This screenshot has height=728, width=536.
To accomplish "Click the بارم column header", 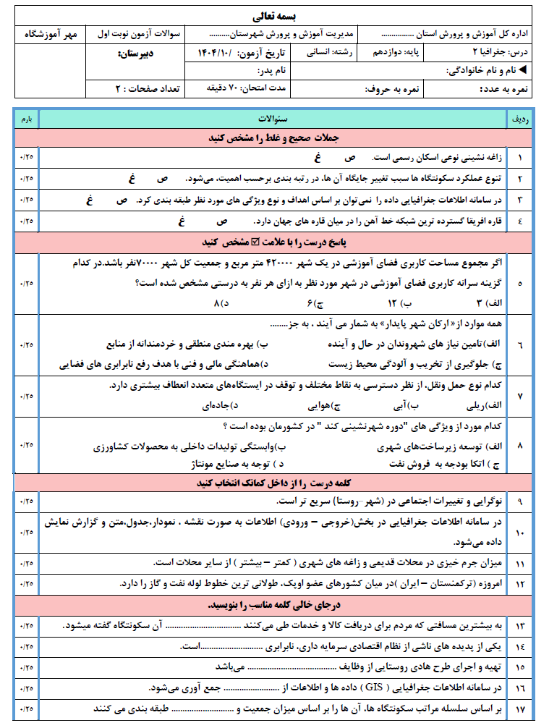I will click(26, 117).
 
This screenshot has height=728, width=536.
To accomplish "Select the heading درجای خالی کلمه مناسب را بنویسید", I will click(269, 605).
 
